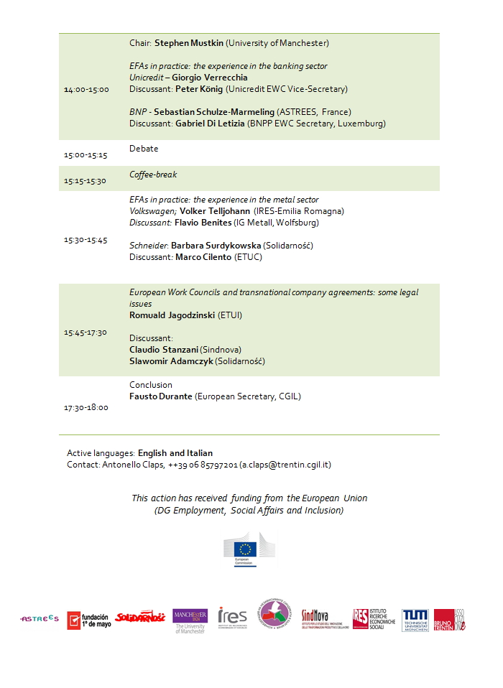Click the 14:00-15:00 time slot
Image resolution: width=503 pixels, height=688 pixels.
86,90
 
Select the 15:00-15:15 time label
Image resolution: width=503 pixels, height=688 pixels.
86,154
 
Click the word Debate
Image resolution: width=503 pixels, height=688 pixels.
144,149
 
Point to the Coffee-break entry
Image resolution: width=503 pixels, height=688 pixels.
153,175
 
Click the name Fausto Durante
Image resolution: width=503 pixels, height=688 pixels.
161,396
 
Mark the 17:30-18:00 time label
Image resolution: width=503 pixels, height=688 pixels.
86,407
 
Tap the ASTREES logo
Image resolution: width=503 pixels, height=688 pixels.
40,618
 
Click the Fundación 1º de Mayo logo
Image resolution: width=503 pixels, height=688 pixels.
88,619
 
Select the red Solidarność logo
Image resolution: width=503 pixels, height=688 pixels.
140,617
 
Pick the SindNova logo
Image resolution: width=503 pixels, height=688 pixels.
321,618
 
